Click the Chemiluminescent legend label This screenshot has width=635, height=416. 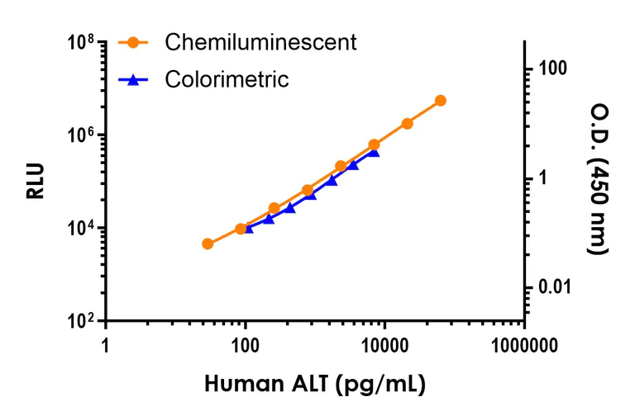(x=260, y=42)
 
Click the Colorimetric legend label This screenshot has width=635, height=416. (x=227, y=79)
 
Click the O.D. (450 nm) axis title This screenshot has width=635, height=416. (x=599, y=178)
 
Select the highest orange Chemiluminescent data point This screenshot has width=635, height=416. (x=440, y=101)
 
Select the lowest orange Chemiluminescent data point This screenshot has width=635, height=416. (x=208, y=243)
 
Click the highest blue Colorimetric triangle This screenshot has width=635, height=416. (x=374, y=152)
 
